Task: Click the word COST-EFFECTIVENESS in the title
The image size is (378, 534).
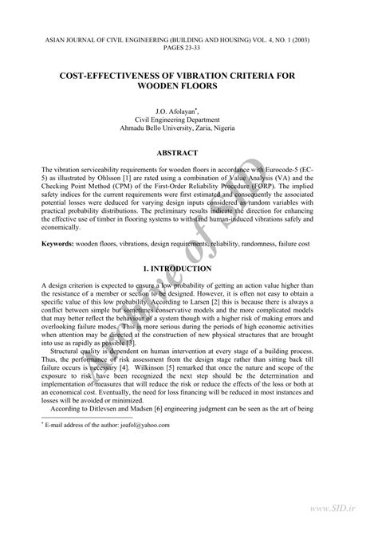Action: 121,73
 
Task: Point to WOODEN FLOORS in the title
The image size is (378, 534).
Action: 188,85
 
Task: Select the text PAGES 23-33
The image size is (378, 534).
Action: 189,47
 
